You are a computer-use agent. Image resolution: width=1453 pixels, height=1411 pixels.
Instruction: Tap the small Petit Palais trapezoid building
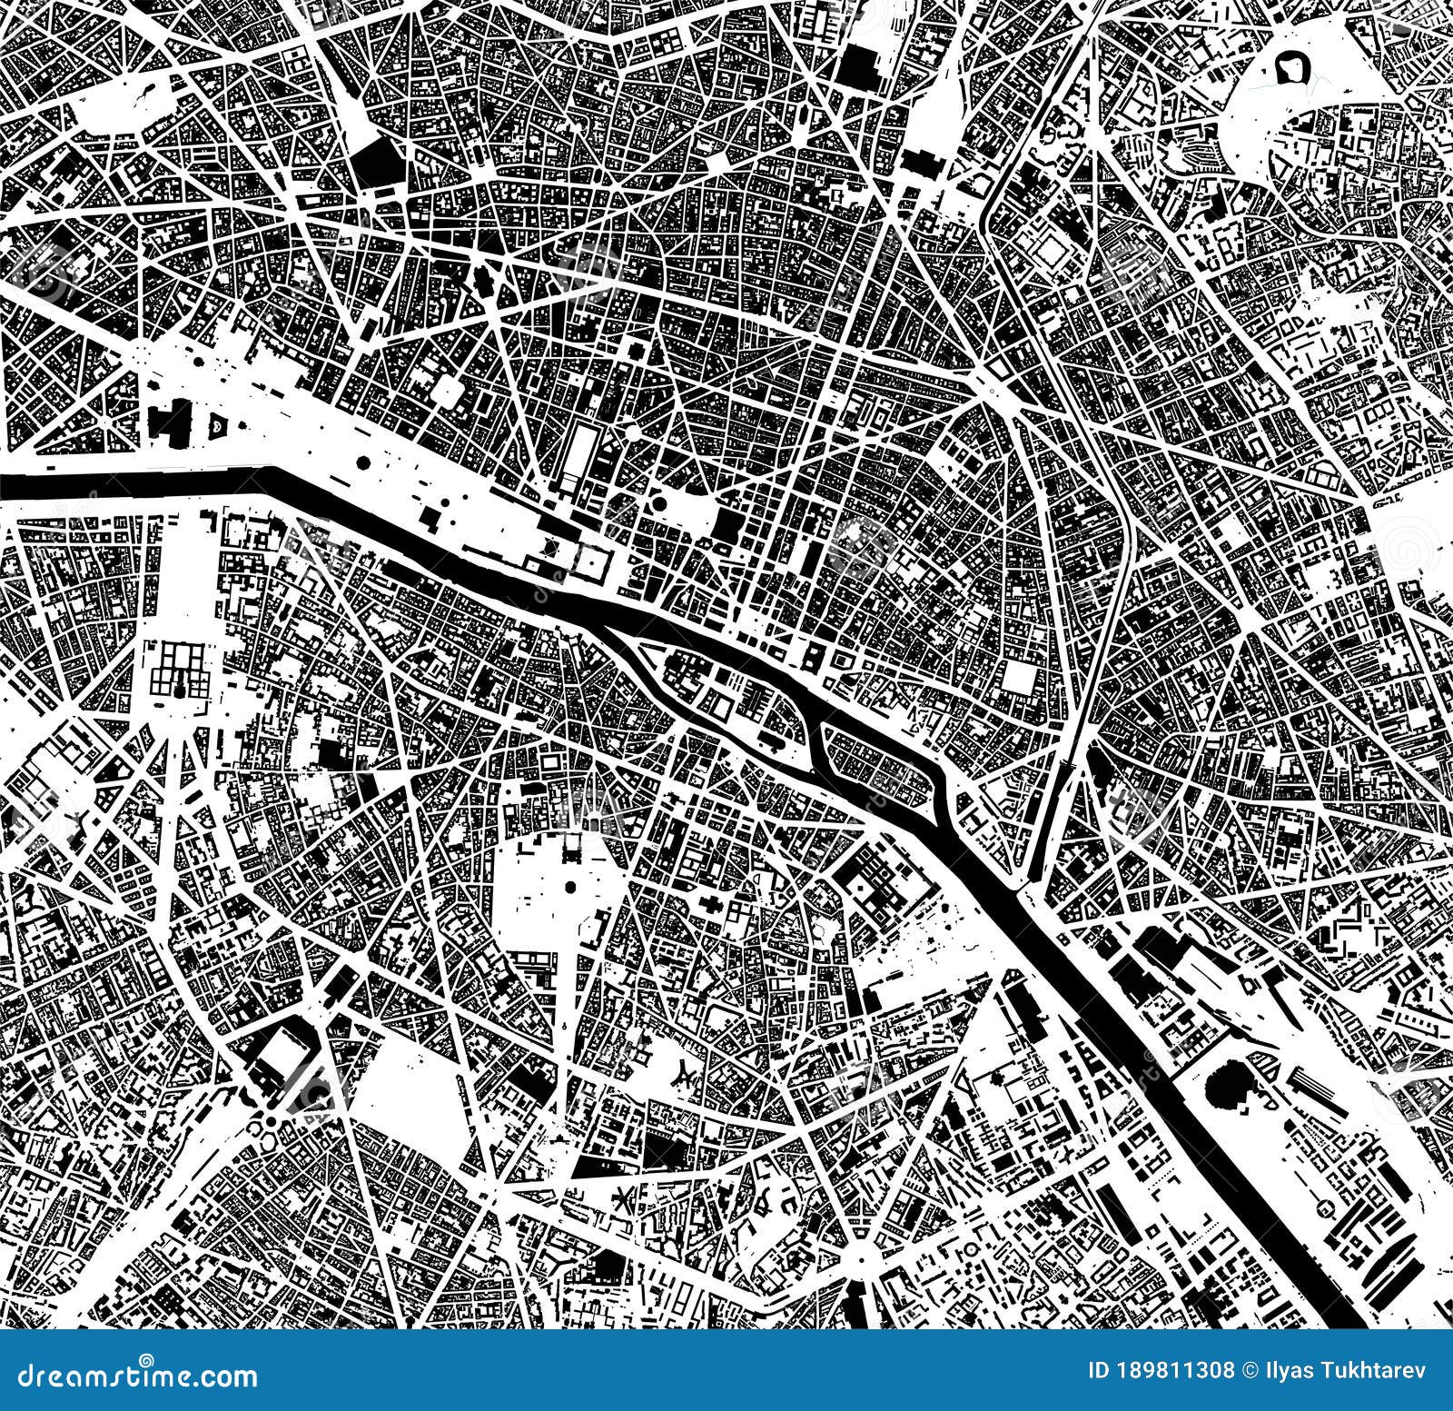point(218,424)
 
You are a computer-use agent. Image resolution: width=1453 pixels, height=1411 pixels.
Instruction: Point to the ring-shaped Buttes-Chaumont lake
point(1290,68)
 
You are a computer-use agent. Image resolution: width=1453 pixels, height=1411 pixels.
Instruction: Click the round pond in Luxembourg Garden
point(572,887)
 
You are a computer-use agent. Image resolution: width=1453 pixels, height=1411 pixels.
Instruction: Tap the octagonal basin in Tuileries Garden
point(363,463)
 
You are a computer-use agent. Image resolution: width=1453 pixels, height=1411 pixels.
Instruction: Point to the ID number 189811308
point(1161,1371)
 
